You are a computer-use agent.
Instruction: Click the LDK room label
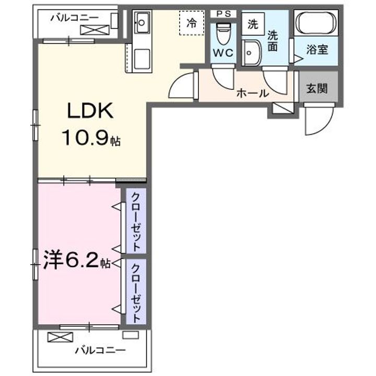(x=90, y=111)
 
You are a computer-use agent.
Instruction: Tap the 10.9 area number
(x=85, y=138)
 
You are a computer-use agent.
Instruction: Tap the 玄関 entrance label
(x=317, y=89)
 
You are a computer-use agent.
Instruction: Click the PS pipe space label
(x=224, y=14)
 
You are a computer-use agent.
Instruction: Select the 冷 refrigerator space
(x=192, y=23)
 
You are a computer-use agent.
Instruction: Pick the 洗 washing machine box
(x=253, y=24)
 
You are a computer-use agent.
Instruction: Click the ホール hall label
(x=253, y=93)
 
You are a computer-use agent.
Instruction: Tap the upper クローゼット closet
(x=136, y=220)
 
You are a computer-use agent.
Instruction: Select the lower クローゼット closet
(x=136, y=291)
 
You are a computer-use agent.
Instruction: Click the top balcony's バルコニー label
(x=74, y=18)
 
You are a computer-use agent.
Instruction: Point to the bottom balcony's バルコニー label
(x=100, y=350)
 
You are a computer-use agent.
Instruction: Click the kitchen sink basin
(x=142, y=23)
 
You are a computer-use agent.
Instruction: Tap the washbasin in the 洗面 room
(x=251, y=53)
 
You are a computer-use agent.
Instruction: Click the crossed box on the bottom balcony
(x=60, y=337)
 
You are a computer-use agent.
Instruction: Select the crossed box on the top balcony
(x=95, y=30)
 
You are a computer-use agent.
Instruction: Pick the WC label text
(x=223, y=53)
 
